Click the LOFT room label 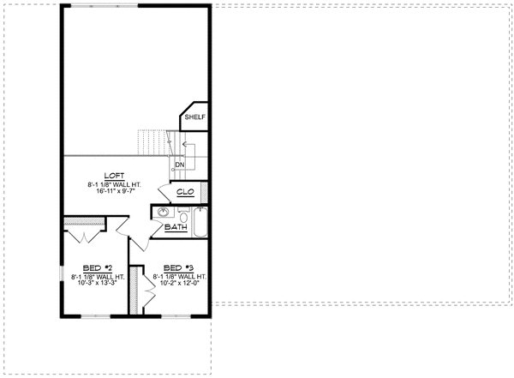point(114,176)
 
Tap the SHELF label point(195,117)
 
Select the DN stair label point(180,165)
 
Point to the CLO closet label point(186,192)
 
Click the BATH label point(176,227)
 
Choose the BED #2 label point(98,268)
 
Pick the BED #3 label point(179,268)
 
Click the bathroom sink point(164,213)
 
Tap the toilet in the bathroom point(184,215)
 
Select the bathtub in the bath point(200,222)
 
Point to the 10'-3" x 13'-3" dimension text point(98,283)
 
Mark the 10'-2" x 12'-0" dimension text point(180,283)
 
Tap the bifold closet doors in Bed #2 point(85,237)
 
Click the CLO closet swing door point(164,193)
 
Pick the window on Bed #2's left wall point(62,273)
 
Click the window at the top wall point(105,6)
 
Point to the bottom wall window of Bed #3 point(176,316)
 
